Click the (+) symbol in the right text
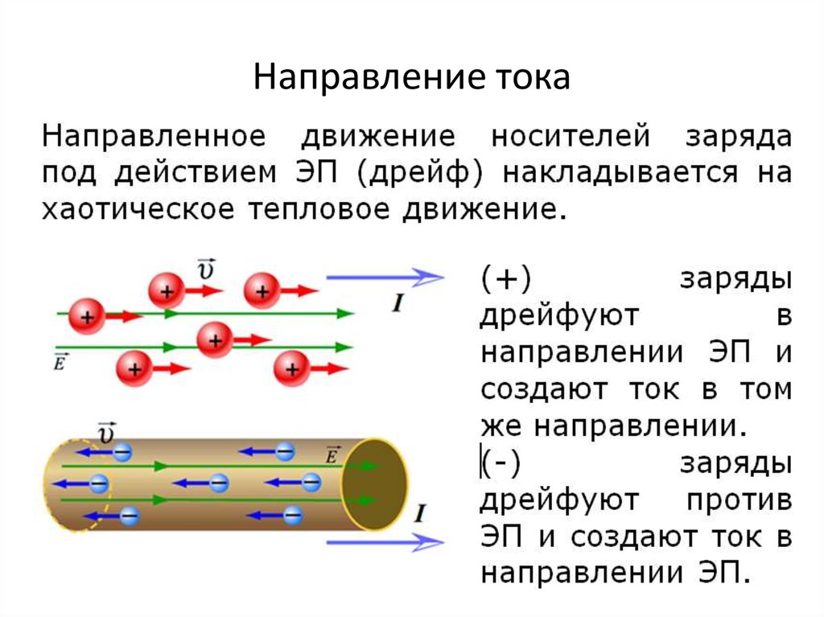(505, 278)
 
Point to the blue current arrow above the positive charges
(385, 278)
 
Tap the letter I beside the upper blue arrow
(397, 302)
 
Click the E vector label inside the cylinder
(332, 455)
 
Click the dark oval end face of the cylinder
(373, 483)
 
